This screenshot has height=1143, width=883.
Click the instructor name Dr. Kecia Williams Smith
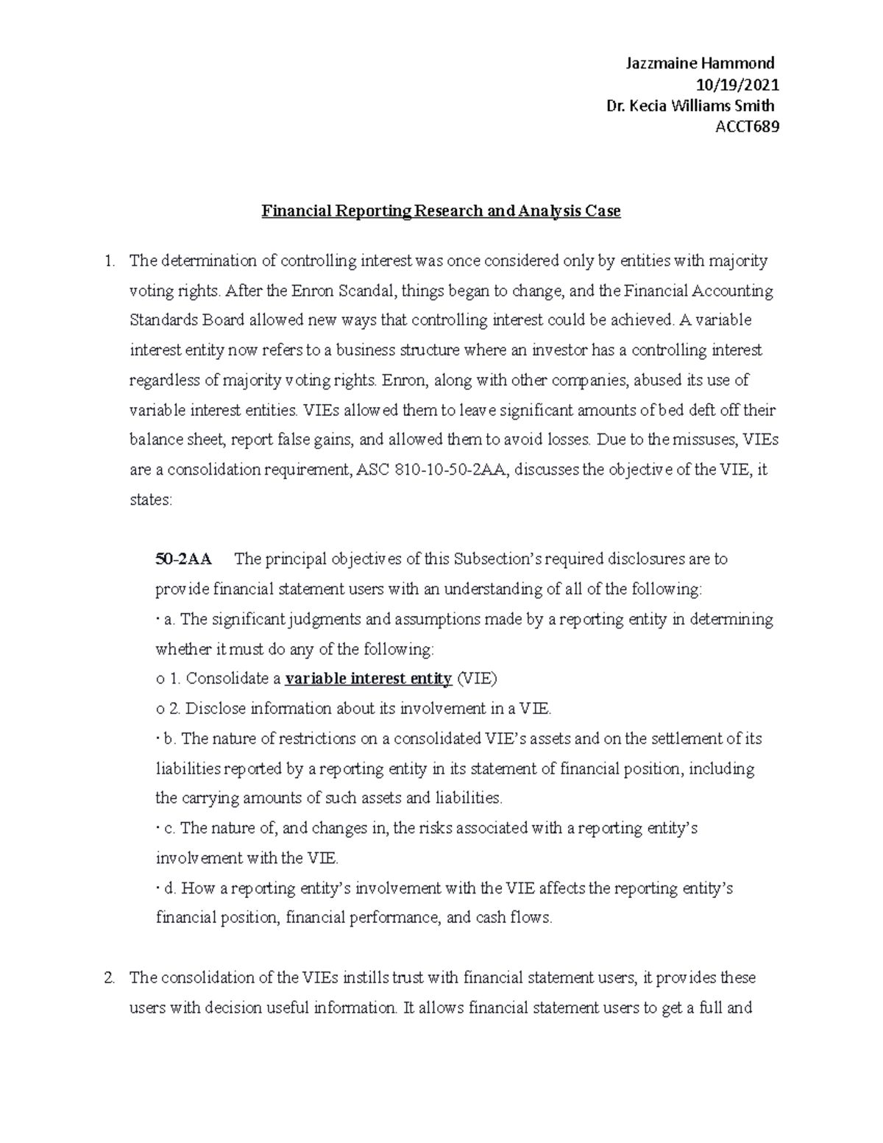click(689, 106)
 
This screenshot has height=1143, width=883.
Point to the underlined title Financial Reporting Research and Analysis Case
click(441, 211)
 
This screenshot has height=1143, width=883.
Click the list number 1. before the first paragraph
click(110, 261)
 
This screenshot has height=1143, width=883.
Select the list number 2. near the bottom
click(110, 978)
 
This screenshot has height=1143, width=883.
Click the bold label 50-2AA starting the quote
click(183, 559)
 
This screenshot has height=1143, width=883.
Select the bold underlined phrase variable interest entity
click(368, 679)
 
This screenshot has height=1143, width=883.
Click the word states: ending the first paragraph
click(150, 500)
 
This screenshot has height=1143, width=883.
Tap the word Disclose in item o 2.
click(215, 709)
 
